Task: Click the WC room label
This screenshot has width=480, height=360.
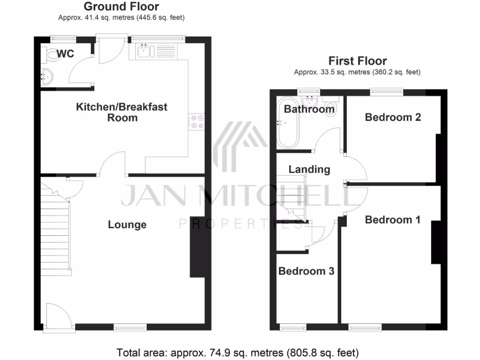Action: [66, 54]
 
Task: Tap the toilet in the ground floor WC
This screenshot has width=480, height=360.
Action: [50, 55]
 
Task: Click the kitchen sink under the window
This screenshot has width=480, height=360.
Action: [146, 50]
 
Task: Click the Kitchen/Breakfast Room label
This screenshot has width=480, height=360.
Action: [122, 112]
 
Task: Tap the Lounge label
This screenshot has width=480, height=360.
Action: [127, 225]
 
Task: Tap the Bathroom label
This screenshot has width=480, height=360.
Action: [309, 109]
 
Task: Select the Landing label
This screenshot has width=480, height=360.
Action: [309, 169]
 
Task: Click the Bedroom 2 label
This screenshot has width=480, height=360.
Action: [393, 117]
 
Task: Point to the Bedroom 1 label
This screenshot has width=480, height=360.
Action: [393, 219]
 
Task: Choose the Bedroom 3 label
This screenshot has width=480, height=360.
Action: [306, 271]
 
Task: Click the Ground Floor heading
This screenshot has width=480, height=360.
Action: [121, 7]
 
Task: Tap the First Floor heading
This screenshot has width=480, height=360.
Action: [357, 61]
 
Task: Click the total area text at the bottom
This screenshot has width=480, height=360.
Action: [237, 352]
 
